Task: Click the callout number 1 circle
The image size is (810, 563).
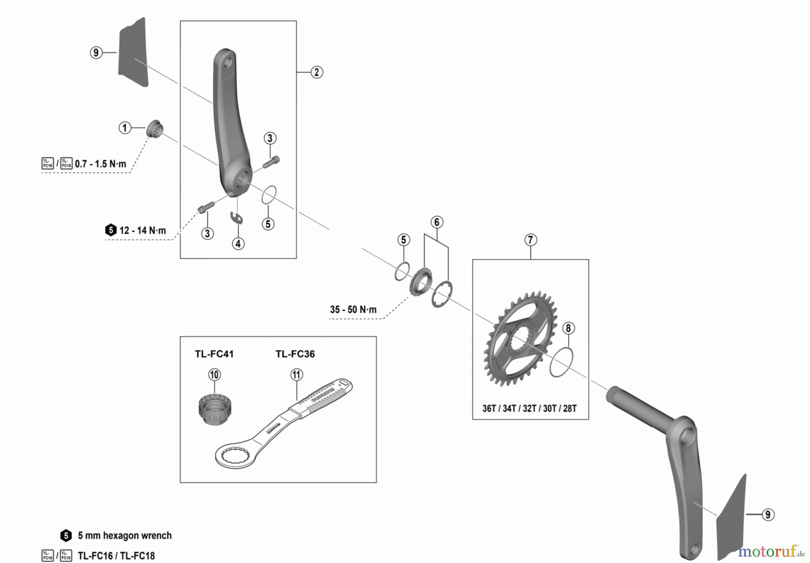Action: [x=125, y=128]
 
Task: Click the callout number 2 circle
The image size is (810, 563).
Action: [x=316, y=72]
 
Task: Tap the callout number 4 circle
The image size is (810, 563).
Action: [x=238, y=243]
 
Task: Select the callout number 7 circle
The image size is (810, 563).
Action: [x=530, y=240]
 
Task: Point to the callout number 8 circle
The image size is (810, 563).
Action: [x=568, y=328]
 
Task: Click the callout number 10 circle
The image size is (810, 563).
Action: [x=215, y=374]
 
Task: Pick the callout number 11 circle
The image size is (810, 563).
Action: [x=297, y=374]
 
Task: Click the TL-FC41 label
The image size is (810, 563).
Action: [x=214, y=354]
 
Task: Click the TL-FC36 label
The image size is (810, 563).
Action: [x=295, y=354]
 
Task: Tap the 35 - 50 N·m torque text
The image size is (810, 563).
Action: [x=353, y=310]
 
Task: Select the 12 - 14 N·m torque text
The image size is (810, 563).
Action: [x=142, y=230]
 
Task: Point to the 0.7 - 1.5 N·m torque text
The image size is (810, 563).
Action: [x=100, y=163]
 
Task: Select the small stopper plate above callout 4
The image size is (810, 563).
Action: [x=237, y=218]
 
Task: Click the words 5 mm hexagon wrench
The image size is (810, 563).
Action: [x=125, y=536]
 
